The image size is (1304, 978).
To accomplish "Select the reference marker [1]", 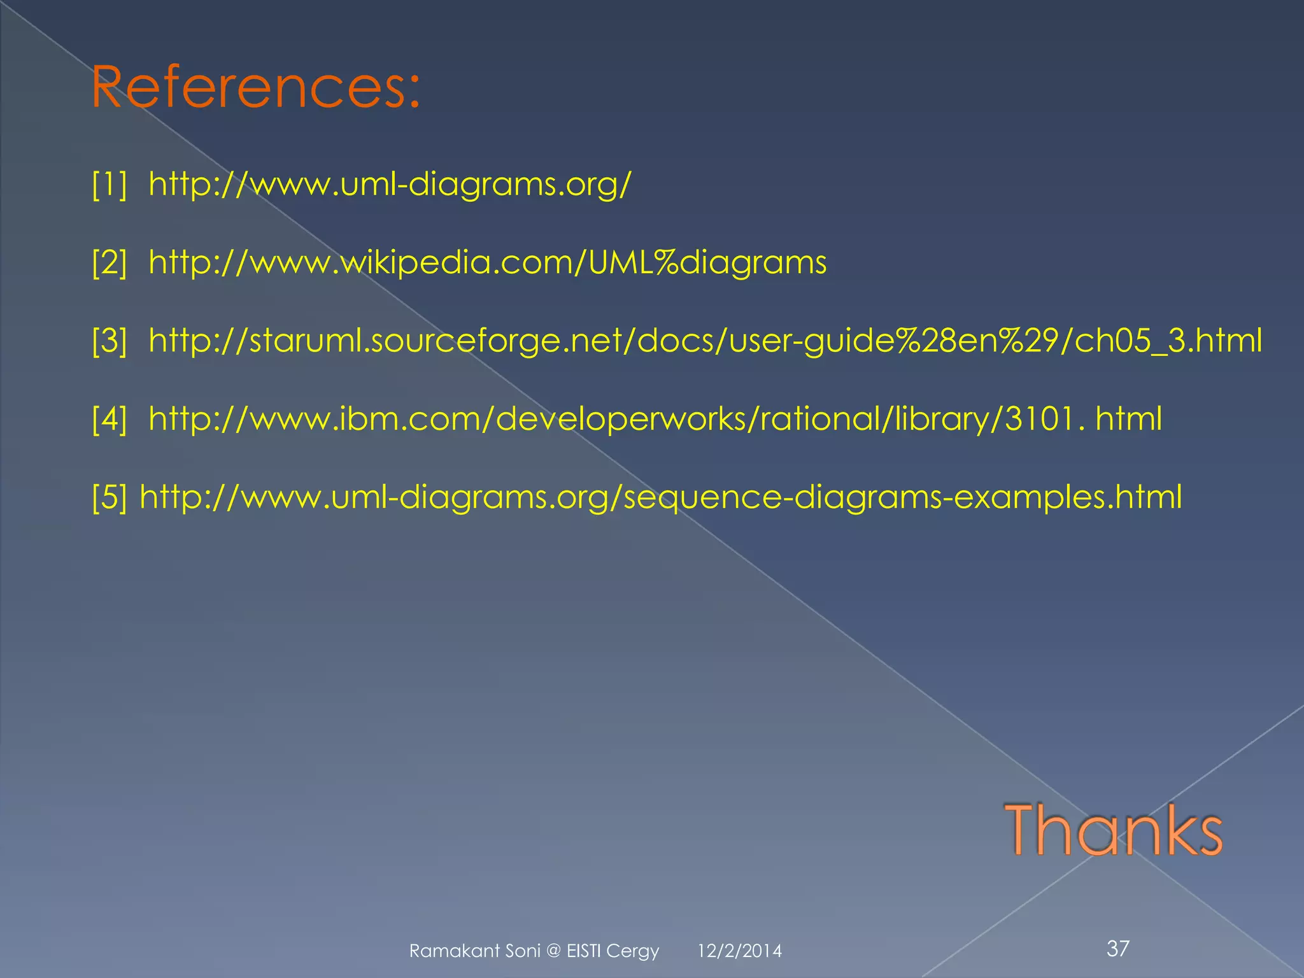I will [x=110, y=184].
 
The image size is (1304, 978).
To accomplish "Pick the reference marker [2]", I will [x=110, y=262].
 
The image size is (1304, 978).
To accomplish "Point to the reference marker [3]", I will [x=110, y=341].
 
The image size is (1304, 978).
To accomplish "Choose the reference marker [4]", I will [x=110, y=419].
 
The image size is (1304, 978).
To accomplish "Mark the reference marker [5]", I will [x=110, y=497].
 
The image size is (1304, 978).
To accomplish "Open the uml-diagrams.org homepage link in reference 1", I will [x=390, y=184].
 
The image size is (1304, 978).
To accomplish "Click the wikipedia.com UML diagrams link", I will [x=487, y=262].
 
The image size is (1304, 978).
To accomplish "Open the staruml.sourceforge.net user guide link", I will [x=705, y=341].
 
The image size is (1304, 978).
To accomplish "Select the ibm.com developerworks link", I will [x=655, y=419].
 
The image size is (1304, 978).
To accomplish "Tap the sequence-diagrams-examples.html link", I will [x=660, y=497].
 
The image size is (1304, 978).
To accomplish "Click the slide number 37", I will [x=1118, y=949].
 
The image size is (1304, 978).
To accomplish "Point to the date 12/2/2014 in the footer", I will [x=739, y=951].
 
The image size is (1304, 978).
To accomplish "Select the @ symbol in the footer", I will [x=553, y=951].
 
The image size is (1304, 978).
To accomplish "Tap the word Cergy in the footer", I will [x=632, y=951].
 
